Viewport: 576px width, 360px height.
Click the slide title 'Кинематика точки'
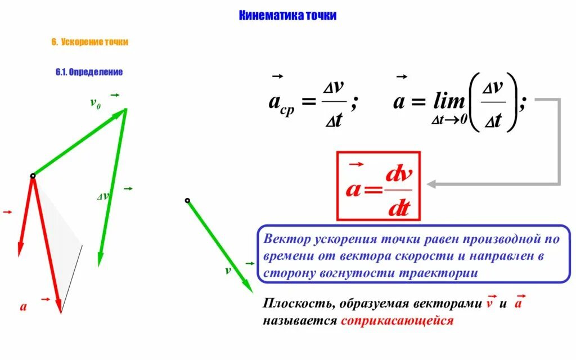288,16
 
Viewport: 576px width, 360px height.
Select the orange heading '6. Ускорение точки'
90,42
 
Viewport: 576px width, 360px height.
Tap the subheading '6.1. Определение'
89,72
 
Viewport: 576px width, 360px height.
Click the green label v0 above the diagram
96,103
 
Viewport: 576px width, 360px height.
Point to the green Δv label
103,196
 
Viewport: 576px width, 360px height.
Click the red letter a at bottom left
24,307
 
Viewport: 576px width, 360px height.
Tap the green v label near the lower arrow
228,271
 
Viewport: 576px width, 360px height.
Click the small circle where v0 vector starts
33,176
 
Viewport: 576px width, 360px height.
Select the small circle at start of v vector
187,200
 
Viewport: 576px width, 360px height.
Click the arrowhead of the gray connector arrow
431,184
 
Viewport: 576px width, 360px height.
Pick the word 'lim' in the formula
449,102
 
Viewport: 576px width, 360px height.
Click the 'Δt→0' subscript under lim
449,120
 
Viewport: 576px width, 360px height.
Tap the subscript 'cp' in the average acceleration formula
287,111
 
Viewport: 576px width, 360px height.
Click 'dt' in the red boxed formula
398,209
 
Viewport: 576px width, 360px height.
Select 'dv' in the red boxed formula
398,175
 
